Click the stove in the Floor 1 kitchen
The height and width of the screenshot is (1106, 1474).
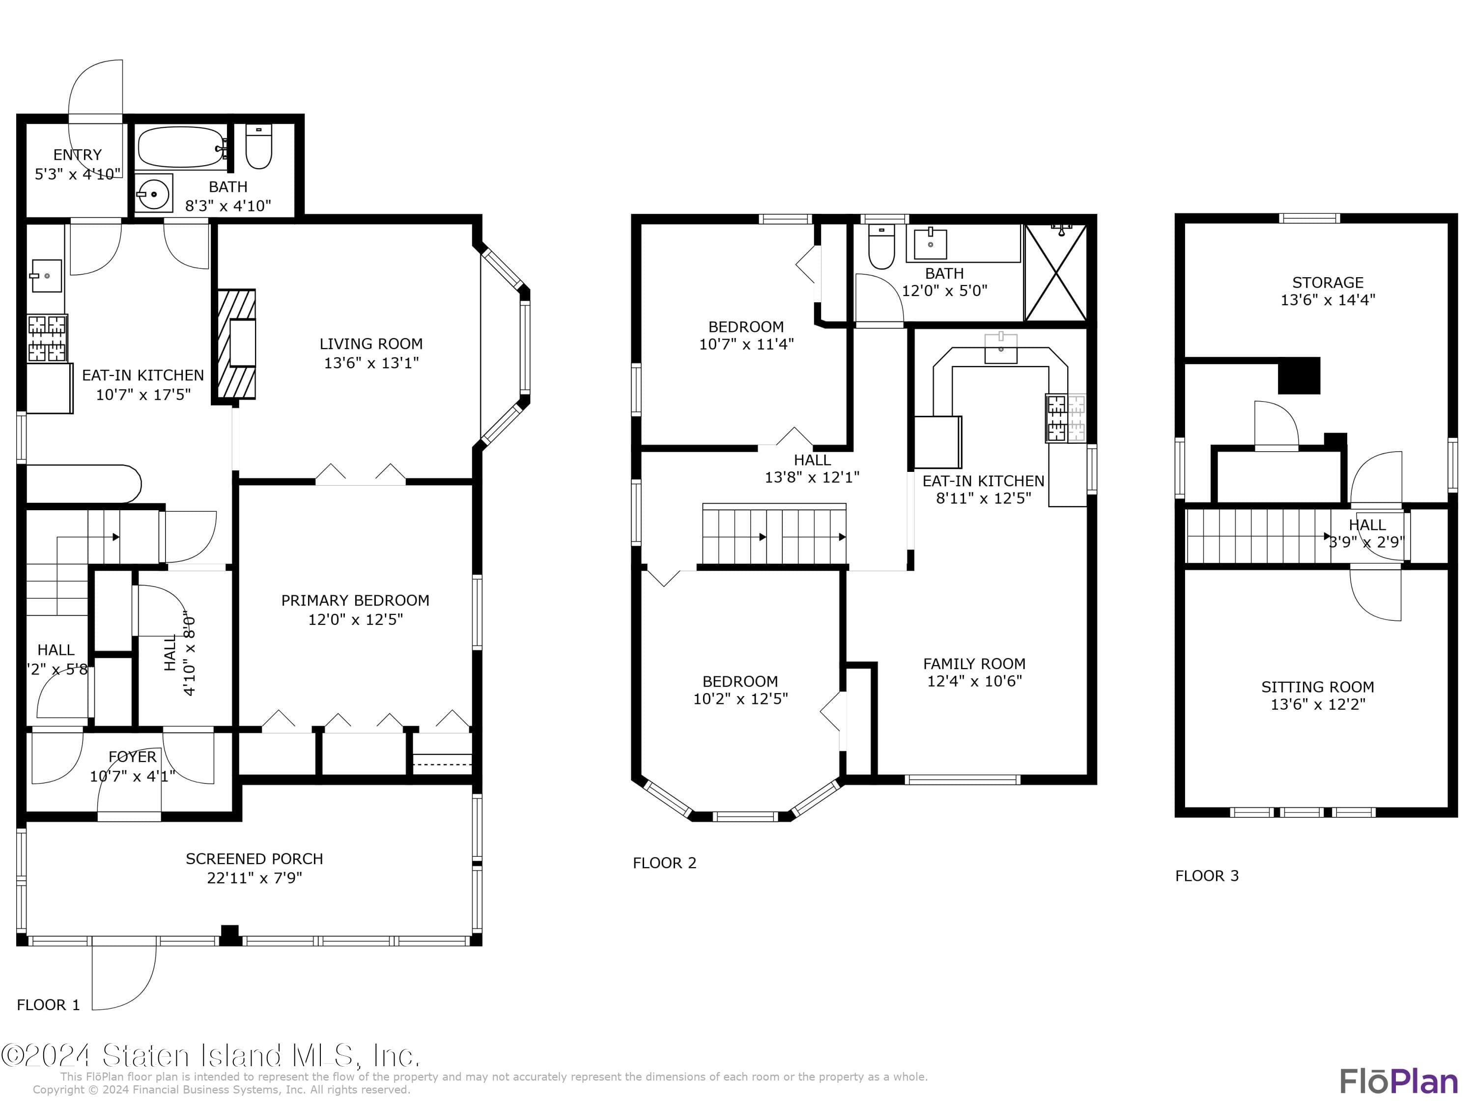(x=47, y=338)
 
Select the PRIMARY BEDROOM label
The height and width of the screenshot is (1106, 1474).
(x=355, y=600)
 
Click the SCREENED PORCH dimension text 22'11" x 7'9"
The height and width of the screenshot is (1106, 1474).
(x=255, y=878)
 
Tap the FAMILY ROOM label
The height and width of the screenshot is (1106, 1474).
(x=974, y=663)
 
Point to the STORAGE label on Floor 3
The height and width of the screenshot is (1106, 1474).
(x=1328, y=282)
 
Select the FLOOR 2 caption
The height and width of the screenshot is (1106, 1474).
(x=664, y=863)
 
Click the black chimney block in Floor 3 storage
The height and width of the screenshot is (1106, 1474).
(x=1298, y=376)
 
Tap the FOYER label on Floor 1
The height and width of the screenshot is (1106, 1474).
(x=133, y=757)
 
